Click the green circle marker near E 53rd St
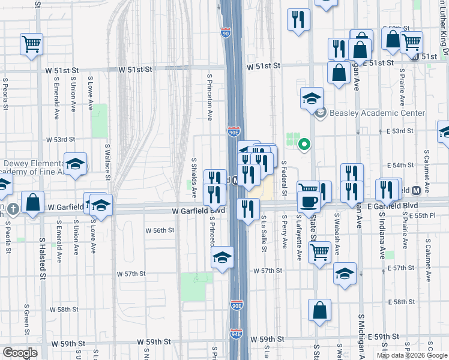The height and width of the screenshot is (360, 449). pyautogui.click(x=304, y=144)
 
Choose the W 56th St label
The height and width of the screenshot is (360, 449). pyautogui.click(x=160, y=230)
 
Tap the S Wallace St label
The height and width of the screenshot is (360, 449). pyautogui.click(x=108, y=161)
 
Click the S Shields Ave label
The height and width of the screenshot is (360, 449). pyautogui.click(x=194, y=178)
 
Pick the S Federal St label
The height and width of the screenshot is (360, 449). pyautogui.click(x=285, y=178)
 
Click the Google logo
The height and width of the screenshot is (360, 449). pyautogui.click(x=20, y=353)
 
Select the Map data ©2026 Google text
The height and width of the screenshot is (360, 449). pyautogui.click(x=412, y=355)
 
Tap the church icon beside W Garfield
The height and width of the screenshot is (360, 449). pyautogui.click(x=13, y=209)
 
